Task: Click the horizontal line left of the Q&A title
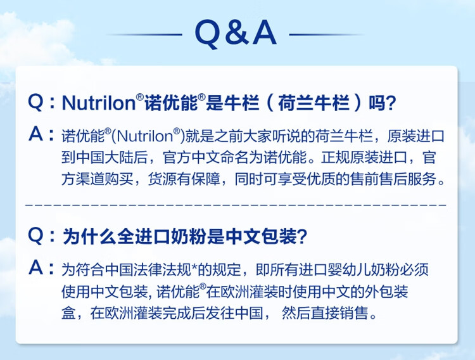pyautogui.click(x=145, y=35)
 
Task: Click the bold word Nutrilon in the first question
pyautogui.click(x=99, y=103)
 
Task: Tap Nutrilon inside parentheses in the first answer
pyautogui.click(x=144, y=136)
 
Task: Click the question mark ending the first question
pyautogui.click(x=391, y=103)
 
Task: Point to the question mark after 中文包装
pyautogui.click(x=302, y=236)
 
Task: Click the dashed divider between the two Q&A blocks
pyautogui.click(x=236, y=205)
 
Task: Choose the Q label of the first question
pyautogui.click(x=35, y=103)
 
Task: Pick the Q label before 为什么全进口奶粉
pyautogui.click(x=35, y=236)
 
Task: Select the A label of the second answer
pyautogui.click(x=35, y=267)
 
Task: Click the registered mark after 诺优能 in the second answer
pyautogui.click(x=203, y=286)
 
